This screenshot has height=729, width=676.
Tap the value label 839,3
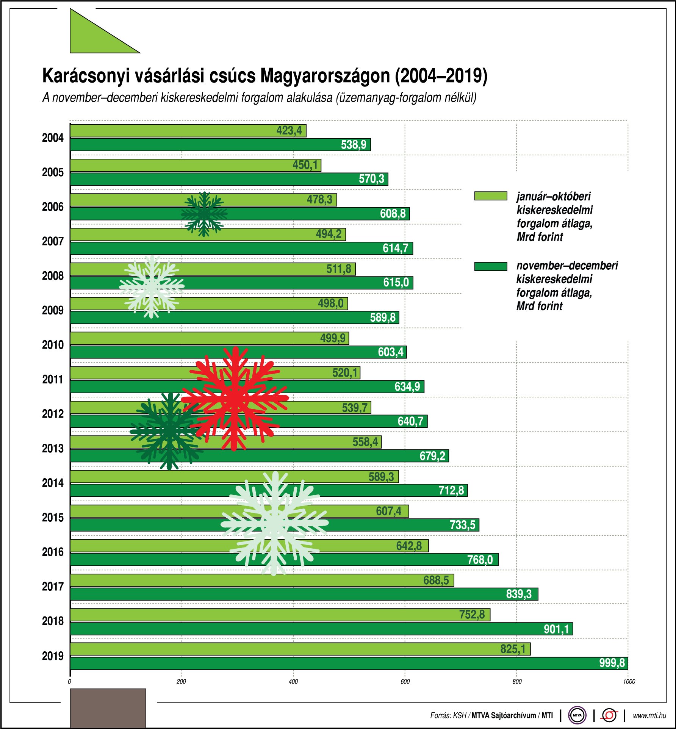pos(519,594)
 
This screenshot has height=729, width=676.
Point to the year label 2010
pos(53,345)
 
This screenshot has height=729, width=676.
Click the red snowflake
pos(235,398)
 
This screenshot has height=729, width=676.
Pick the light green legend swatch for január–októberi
pos(491,196)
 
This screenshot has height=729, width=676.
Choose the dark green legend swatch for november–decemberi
pos(491,266)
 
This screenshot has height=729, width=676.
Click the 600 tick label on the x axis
pos(405,682)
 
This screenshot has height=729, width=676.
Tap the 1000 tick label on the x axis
pos(629,682)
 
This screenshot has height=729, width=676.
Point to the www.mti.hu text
pos(649,715)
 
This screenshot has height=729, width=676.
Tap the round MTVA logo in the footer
pos(577,715)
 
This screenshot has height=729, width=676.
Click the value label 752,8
pos(472,615)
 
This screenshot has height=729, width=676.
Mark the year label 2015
pos(53,518)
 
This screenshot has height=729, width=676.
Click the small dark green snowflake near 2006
pos(204,214)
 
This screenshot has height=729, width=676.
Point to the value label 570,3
pos(371,179)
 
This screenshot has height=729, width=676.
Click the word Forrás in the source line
pos(440,715)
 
